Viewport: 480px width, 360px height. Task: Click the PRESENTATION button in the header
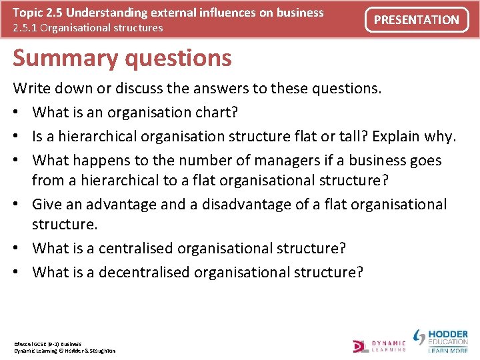coord(416,20)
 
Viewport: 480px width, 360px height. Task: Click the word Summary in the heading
coord(55,58)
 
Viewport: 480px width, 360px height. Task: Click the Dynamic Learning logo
coord(379,345)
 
